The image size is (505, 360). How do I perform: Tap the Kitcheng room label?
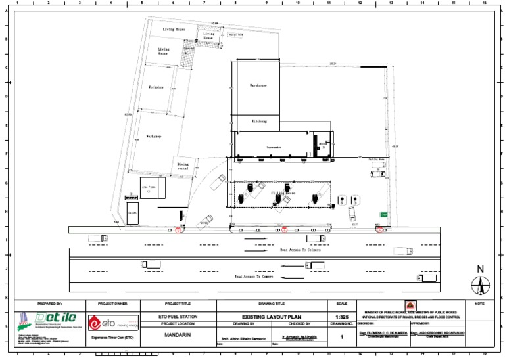pos(259,122)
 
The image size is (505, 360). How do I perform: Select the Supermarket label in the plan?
pos(274,148)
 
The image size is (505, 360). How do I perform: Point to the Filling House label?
pos(283,193)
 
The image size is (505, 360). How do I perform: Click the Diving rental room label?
pos(183,166)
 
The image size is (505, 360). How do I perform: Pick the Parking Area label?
pos(376,160)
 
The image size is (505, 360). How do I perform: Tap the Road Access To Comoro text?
pos(254,277)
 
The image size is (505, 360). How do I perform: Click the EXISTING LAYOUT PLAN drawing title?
pos(272,317)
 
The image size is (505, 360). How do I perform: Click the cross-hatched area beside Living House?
pos(189,59)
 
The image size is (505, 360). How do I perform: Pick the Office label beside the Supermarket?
pos(322,145)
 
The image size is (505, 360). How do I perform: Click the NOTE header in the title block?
pos(478,304)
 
